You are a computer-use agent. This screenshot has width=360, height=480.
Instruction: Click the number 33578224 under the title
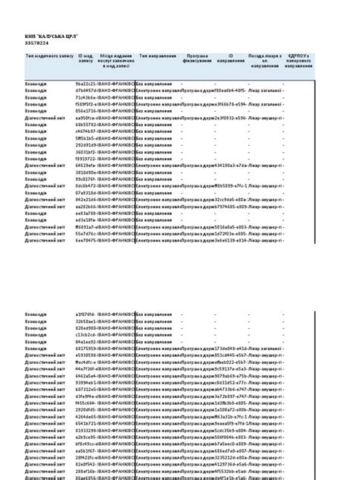[x=38, y=43]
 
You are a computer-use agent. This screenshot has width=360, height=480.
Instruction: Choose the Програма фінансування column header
[x=197, y=58]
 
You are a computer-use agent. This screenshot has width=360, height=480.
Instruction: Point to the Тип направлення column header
[x=157, y=56]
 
